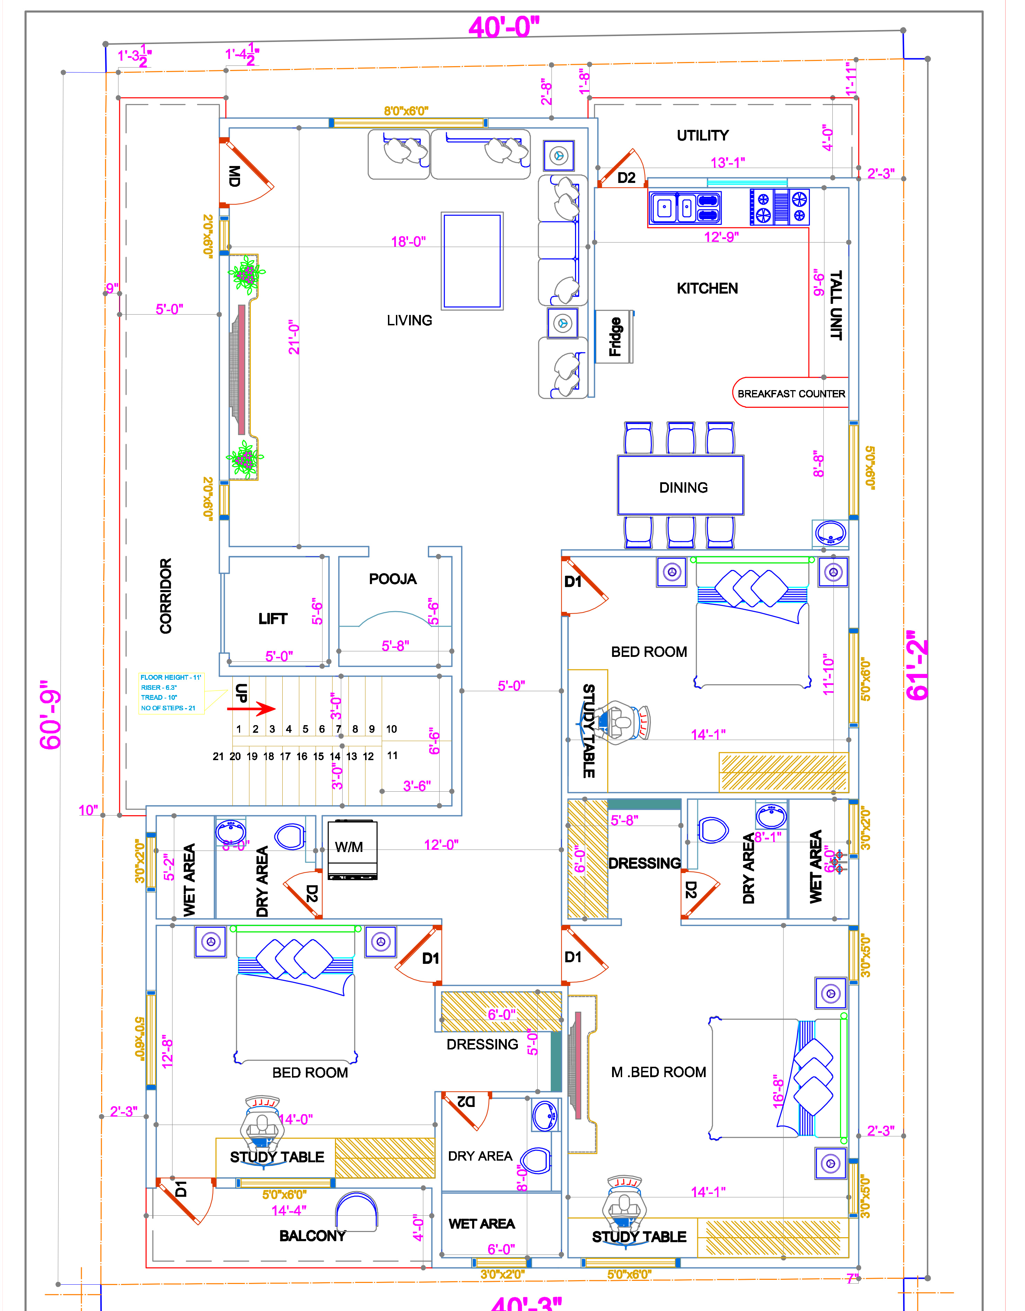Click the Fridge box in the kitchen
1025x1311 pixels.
(x=614, y=337)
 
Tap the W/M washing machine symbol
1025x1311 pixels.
(x=352, y=849)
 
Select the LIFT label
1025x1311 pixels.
(x=273, y=618)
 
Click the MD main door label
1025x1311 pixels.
(x=235, y=176)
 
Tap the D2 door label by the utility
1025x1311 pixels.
(x=626, y=178)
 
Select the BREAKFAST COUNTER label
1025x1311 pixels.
(x=791, y=394)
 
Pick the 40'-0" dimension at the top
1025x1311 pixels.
(x=504, y=27)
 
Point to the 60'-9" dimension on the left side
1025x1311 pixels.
(x=51, y=715)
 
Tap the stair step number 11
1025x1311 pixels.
(x=392, y=755)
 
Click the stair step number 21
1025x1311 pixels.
(x=219, y=756)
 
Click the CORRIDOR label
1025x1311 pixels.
(x=166, y=596)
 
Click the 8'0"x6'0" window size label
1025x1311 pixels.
(x=406, y=111)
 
